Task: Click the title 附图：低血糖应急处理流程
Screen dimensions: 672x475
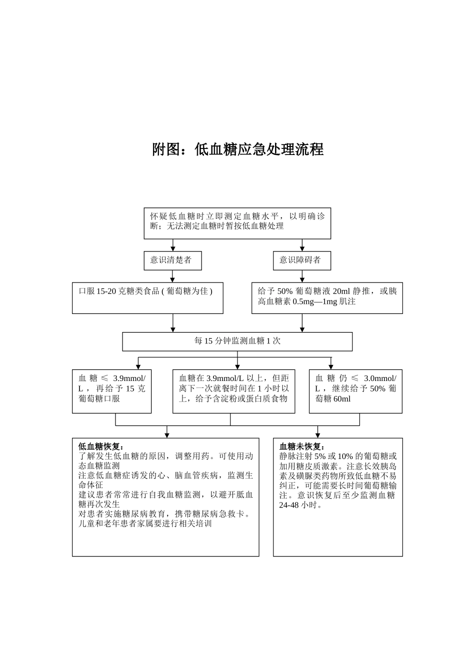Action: point(237,149)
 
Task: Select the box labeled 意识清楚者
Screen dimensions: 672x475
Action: point(172,260)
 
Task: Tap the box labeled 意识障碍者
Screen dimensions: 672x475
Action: point(301,260)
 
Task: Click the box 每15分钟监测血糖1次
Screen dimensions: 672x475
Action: point(237,341)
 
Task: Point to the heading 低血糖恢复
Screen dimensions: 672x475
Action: point(101,446)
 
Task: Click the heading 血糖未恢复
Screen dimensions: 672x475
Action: point(302,446)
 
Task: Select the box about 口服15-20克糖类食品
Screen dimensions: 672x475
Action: point(147,298)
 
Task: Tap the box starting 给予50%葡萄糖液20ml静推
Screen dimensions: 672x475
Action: point(326,298)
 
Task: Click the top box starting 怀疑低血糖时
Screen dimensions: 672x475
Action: point(237,223)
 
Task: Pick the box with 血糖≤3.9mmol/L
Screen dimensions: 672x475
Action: point(111,391)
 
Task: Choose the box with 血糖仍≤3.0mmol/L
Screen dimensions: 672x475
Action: point(355,391)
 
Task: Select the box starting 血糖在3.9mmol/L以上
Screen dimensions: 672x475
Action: point(233,391)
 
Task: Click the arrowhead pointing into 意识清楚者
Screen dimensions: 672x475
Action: point(173,248)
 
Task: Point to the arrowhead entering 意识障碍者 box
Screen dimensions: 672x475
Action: point(302,248)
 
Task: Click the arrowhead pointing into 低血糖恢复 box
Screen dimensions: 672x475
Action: point(167,435)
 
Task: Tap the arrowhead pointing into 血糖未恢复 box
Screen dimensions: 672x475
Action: point(317,435)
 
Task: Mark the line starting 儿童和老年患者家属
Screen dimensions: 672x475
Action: point(145,524)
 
